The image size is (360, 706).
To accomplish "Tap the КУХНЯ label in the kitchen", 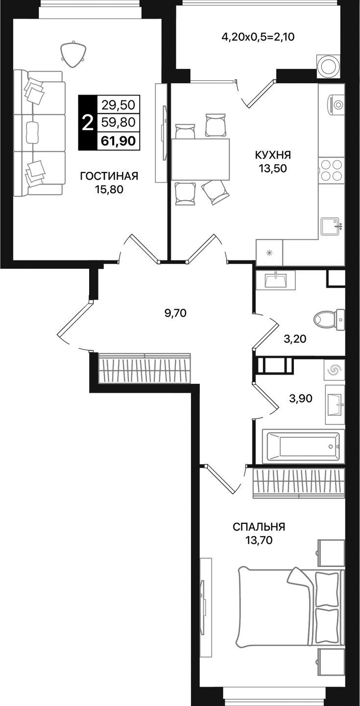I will point(273,155).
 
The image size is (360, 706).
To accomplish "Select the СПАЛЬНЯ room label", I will point(259,527).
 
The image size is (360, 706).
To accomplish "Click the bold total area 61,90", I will point(119,141).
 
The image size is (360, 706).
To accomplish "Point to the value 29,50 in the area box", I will point(119,104).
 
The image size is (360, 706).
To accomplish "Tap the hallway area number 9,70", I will point(175,313).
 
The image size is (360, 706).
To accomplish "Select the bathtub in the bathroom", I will point(304,446).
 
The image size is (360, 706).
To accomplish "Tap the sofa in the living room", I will point(39,133).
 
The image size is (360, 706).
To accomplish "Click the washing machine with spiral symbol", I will point(334,371).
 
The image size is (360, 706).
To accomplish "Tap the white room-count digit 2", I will point(88,122).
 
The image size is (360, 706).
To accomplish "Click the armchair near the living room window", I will point(73,52).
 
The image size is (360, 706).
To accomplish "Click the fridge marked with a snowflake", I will point(269,253).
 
